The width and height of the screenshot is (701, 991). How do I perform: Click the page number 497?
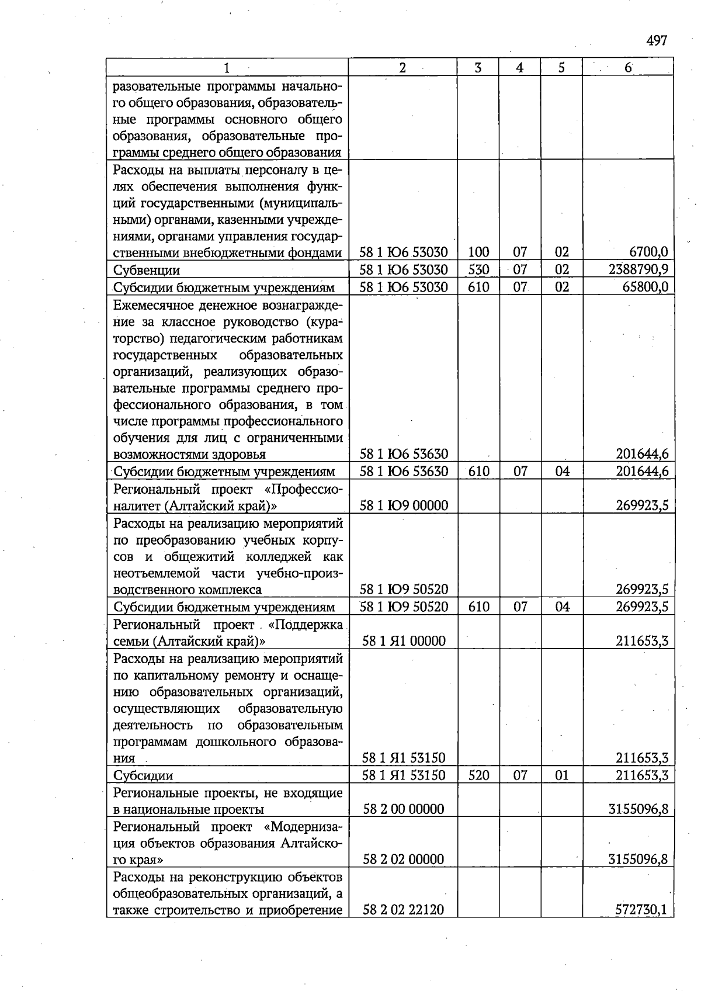(x=657, y=41)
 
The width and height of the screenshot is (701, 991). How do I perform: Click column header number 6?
(x=628, y=67)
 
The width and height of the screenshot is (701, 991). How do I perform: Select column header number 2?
(x=402, y=67)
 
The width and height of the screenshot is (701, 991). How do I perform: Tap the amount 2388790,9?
(x=638, y=269)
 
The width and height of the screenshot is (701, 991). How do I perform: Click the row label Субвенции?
(x=146, y=270)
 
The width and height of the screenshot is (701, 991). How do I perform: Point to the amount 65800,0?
(x=645, y=287)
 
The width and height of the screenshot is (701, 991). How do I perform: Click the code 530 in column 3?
(x=478, y=269)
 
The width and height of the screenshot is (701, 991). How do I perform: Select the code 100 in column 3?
(x=478, y=252)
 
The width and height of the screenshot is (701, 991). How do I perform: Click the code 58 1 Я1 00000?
(x=404, y=641)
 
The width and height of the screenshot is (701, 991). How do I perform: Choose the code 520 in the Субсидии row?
(x=478, y=775)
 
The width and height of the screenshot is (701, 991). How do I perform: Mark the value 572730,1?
(x=641, y=910)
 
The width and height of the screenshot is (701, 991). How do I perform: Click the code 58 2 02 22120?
(x=403, y=910)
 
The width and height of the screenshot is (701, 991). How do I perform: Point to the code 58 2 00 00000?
(x=403, y=809)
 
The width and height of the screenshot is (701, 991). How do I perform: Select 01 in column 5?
(x=562, y=775)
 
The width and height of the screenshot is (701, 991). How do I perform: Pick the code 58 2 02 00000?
(x=403, y=860)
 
